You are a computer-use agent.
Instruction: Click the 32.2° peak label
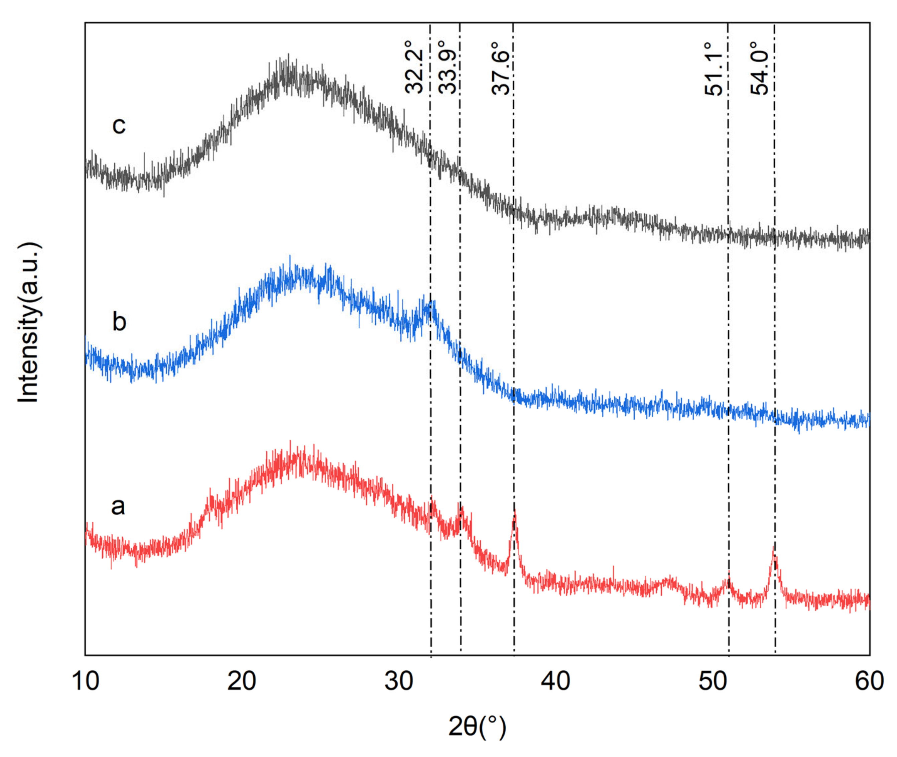tap(414, 68)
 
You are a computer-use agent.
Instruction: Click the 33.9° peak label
tap(448, 68)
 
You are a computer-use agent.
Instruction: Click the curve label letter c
tap(119, 125)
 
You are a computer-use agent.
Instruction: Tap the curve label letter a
tap(118, 506)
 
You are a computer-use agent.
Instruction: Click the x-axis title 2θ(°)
tap(477, 727)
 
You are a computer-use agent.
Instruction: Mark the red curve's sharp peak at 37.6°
tap(514, 511)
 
